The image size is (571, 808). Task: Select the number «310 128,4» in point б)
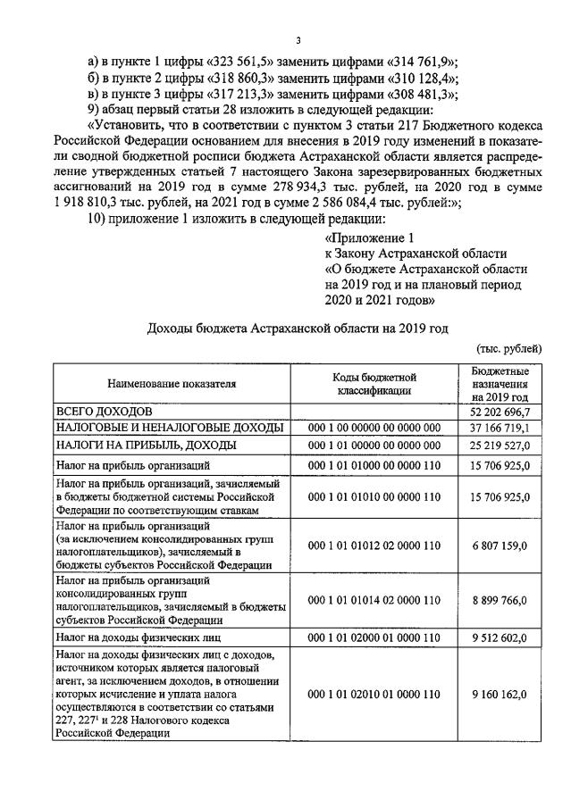tap(424, 77)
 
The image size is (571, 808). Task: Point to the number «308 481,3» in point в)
tap(422, 93)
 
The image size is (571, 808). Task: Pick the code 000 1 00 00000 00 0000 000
tap(374, 428)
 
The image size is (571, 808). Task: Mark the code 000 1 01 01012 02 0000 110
tap(374, 545)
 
